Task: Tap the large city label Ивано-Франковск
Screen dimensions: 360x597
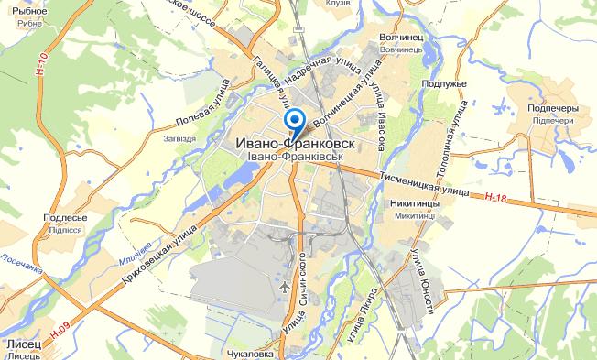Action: tap(295, 145)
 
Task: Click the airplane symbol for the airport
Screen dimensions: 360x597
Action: tap(283, 287)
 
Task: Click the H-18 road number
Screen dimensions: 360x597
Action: tap(496, 197)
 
